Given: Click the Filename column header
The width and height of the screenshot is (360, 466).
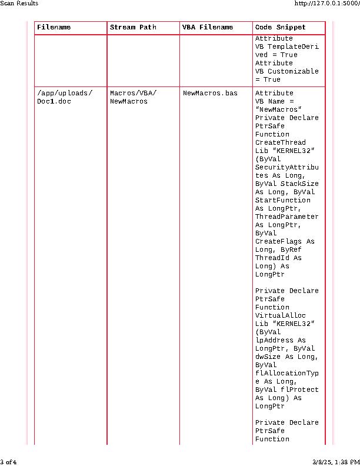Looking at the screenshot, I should [x=54, y=28].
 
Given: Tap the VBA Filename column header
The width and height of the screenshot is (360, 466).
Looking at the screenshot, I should [x=208, y=28].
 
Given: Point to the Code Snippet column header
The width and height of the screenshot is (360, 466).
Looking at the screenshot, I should [x=281, y=28].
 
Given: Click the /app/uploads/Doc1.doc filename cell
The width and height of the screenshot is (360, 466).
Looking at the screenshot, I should [x=65, y=97].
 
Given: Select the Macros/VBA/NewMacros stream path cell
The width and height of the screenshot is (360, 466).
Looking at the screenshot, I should [x=134, y=97].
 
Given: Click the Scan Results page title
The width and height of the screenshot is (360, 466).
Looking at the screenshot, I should [x=19, y=4].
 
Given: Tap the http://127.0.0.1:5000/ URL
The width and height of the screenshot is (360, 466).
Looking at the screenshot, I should [x=326, y=4].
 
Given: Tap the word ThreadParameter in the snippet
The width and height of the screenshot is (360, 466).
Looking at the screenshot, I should [x=286, y=217].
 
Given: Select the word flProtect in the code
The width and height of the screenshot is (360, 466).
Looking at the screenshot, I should [x=299, y=390].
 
